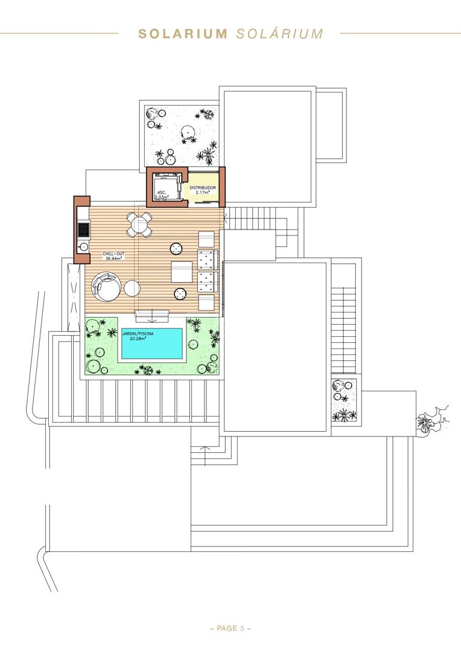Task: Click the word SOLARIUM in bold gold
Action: pos(182,34)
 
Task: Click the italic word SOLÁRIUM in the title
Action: pos(279,33)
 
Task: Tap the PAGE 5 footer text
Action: pos(230,628)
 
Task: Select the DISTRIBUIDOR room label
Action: pos(203,188)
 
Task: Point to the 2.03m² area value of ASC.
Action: pos(161,197)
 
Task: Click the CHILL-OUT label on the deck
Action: pos(113,254)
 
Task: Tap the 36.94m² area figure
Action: pos(113,258)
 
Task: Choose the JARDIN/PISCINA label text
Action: pos(138,333)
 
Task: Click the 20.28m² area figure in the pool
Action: pos(138,339)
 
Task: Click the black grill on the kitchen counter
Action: pos(83,229)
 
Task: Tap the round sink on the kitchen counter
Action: pos(83,247)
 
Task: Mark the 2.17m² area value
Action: pos(202,193)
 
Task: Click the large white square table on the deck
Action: pos(182,272)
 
